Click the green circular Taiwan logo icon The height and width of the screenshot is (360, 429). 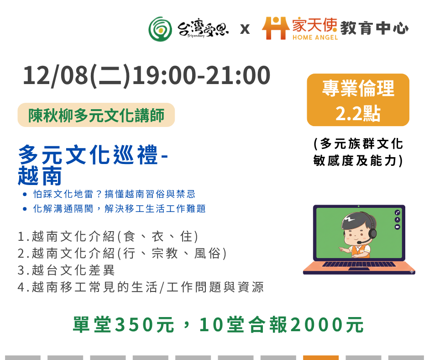coord(160,29)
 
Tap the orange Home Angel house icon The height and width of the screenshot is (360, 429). coord(276,28)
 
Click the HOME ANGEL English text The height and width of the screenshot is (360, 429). coord(315,37)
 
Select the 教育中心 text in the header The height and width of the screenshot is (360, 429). coord(375,28)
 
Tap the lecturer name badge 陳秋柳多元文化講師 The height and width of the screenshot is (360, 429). coord(96,115)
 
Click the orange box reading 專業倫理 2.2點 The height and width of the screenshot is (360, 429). coord(358,100)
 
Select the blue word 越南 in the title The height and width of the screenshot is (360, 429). coord(40,176)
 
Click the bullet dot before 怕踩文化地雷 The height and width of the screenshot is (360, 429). coord(25,195)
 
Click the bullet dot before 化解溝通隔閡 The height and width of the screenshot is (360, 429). coord(25,209)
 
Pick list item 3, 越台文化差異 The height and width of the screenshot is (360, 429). coord(66,270)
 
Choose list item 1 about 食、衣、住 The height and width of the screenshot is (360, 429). coord(108,237)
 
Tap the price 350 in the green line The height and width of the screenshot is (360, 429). coord(135,325)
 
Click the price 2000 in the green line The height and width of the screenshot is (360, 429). coord(317,325)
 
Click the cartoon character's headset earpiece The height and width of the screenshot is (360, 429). coord(372,233)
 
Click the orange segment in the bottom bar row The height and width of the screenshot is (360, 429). coord(321,358)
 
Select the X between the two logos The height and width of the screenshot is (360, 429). coord(245,29)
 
